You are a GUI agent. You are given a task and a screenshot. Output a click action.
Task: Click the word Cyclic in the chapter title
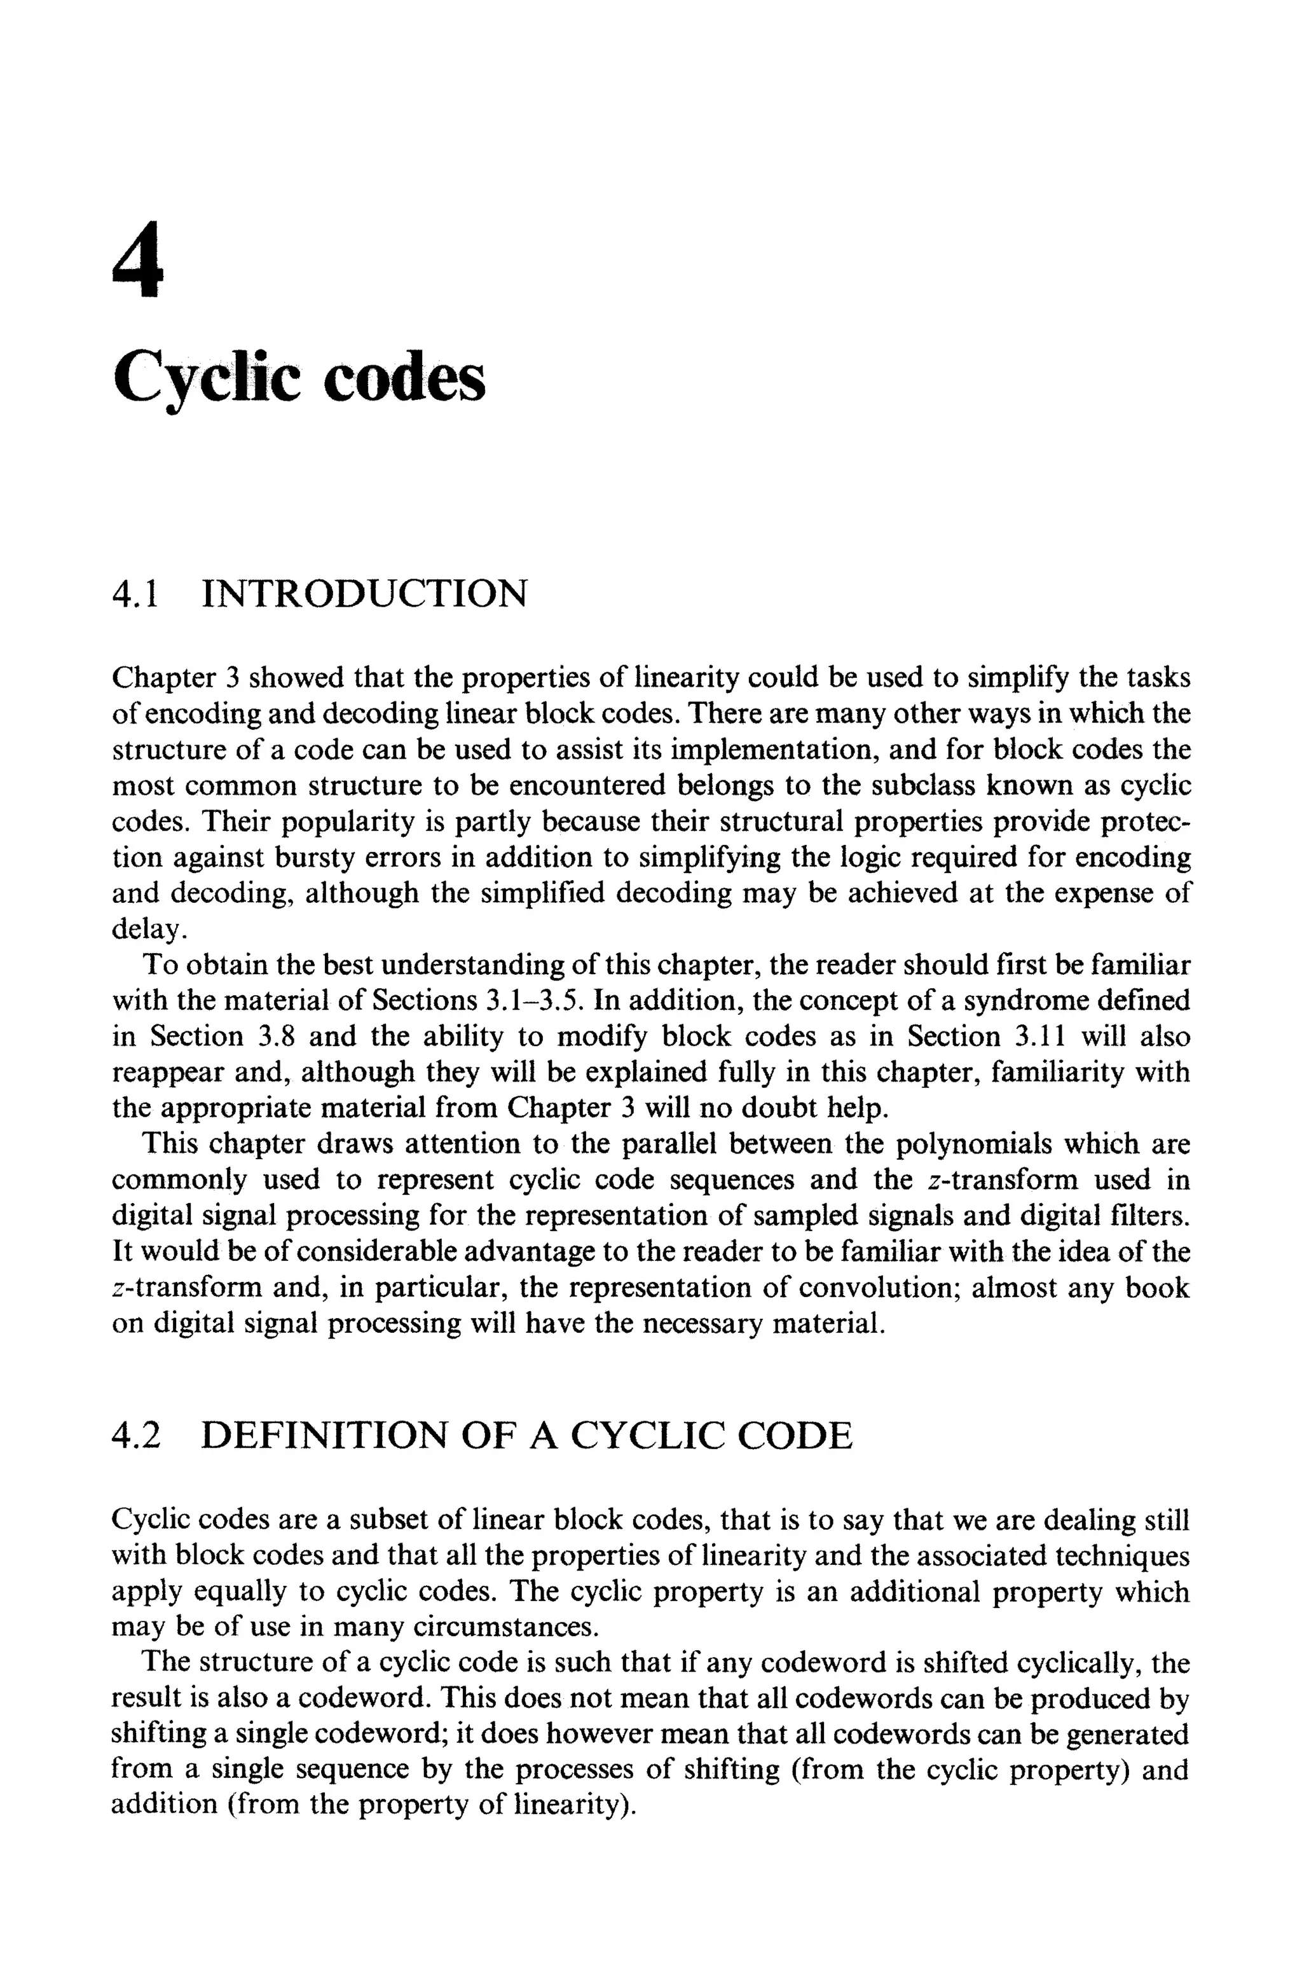tap(205, 378)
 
